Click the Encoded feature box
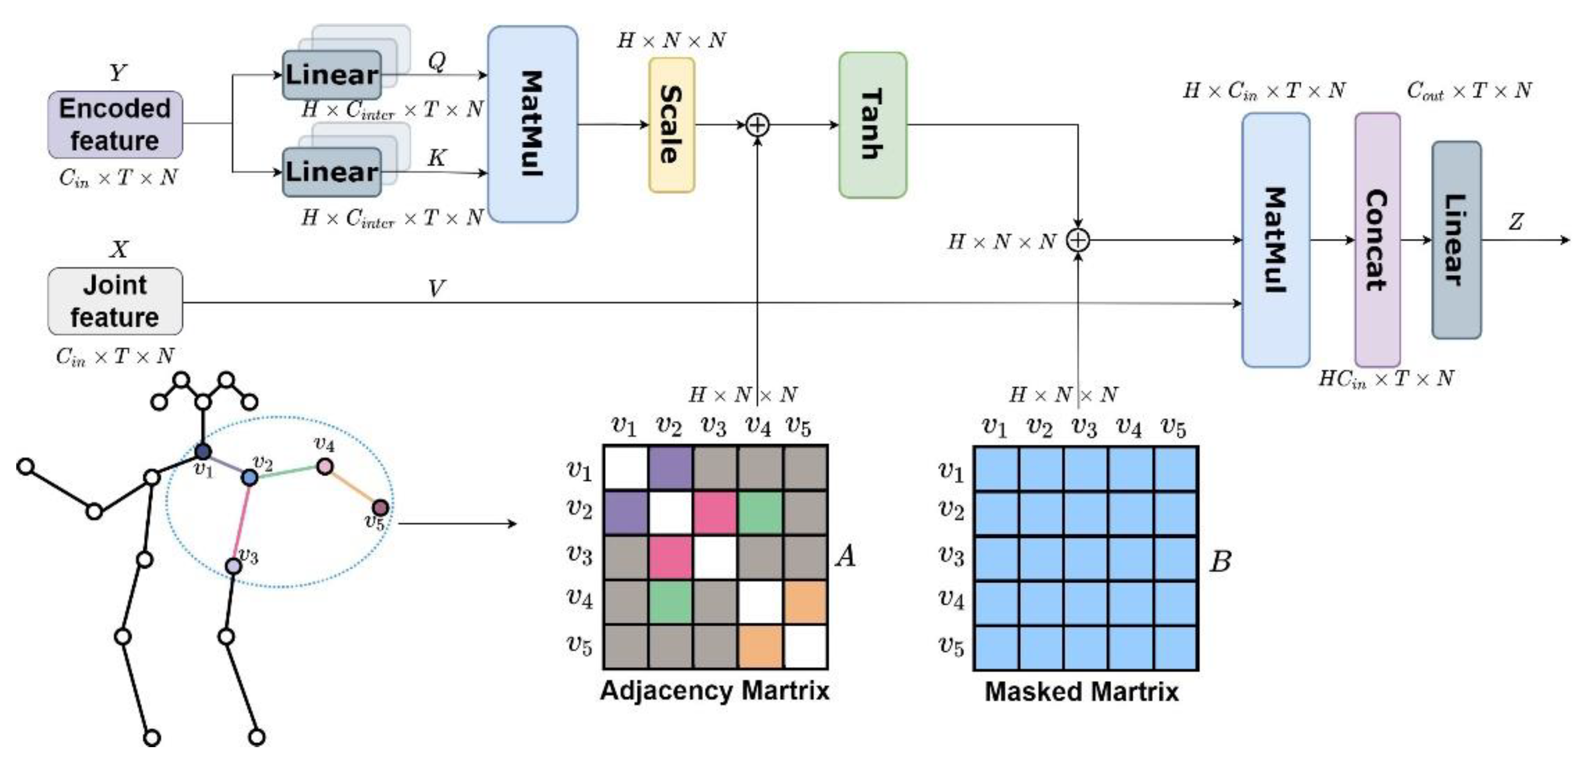[115, 125]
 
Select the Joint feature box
[115, 302]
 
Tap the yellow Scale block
[672, 125]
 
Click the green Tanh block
[872, 125]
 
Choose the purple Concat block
[1377, 240]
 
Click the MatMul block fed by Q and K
[533, 124]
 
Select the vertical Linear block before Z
[1456, 240]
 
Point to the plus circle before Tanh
[758, 125]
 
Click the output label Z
[1516, 222]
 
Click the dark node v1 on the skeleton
[203, 452]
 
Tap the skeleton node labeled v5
[381, 508]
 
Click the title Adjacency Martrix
[714, 691]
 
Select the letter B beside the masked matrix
[1220, 561]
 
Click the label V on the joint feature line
[436, 288]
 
